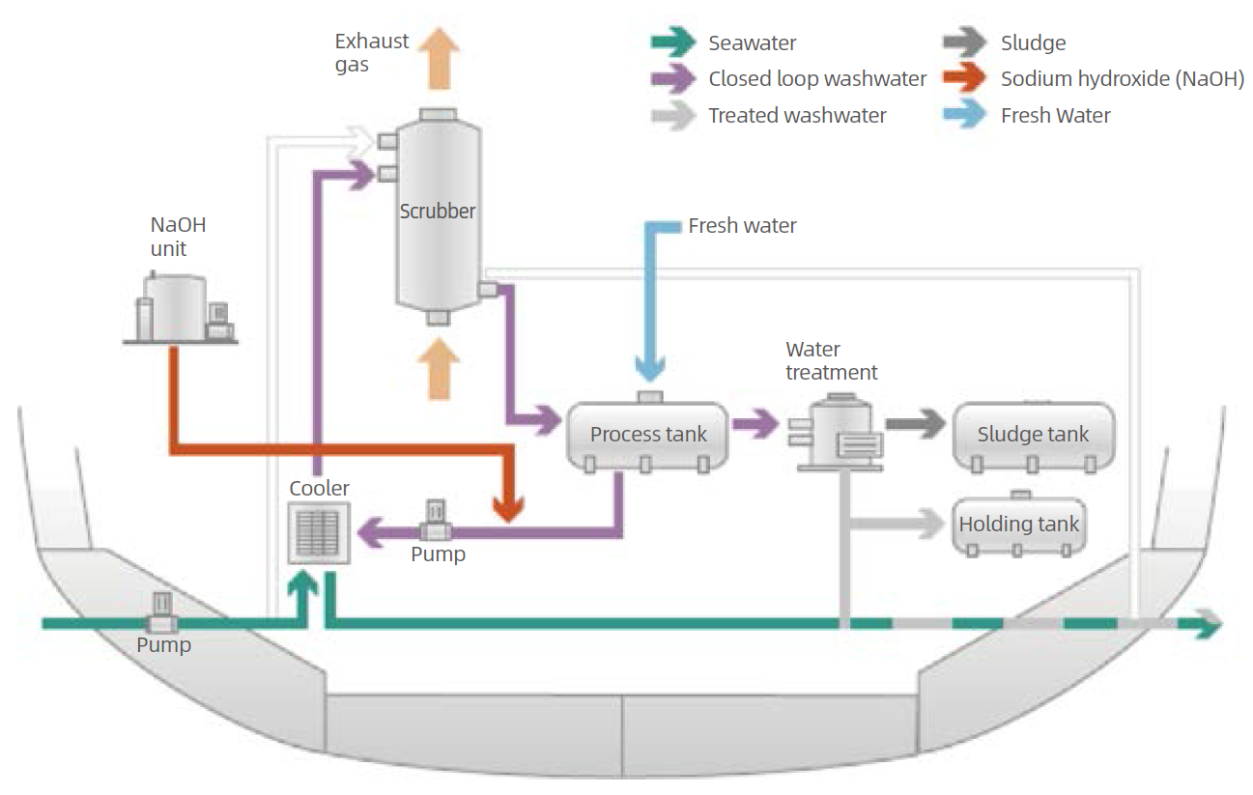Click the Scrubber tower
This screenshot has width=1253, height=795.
coord(438,213)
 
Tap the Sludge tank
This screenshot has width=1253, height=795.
coord(1033,435)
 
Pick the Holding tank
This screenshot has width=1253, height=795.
coord(1018,525)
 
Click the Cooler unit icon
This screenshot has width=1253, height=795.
coord(319,533)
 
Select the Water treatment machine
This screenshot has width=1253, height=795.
coord(837,432)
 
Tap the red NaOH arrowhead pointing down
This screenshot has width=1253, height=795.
coord(508,506)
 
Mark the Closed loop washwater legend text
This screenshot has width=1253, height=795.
coord(817,79)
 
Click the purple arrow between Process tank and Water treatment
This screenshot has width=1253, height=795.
coord(755,423)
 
